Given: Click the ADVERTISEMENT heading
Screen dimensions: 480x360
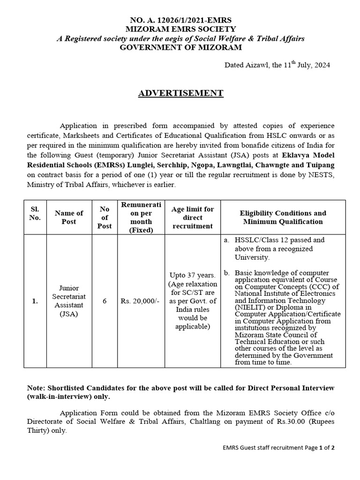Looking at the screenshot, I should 180,93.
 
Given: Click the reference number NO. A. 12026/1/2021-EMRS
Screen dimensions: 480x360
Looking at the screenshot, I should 180,21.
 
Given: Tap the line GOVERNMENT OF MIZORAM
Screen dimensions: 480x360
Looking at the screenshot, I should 180,47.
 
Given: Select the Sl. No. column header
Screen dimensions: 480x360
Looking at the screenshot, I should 35,213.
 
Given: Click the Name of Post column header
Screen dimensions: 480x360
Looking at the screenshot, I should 68,217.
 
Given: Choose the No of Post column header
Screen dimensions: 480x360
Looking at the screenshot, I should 105,217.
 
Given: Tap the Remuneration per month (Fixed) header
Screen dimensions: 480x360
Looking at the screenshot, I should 141,217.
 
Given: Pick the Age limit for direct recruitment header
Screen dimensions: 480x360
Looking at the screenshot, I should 193,217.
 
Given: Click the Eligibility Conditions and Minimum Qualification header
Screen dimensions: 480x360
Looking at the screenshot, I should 283,217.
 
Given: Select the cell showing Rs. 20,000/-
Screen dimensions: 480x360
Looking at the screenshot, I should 141,301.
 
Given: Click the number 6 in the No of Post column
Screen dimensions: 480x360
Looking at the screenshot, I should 105,301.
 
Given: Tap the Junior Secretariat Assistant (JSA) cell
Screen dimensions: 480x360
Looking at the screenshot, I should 68,301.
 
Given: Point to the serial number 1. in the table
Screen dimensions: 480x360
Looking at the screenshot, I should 35,301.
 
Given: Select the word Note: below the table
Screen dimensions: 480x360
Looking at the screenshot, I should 34,389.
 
